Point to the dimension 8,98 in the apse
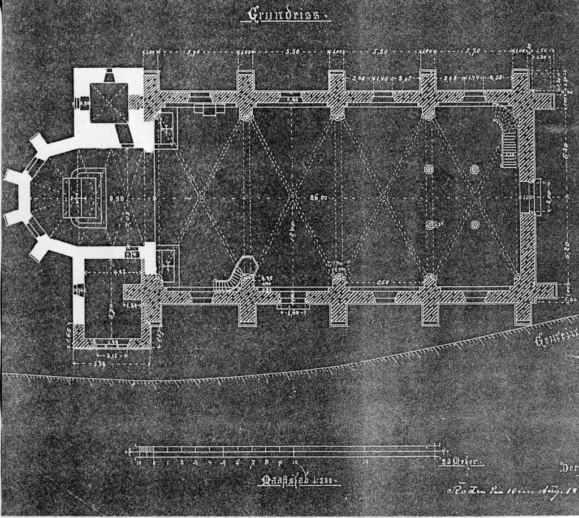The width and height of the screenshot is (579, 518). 116,198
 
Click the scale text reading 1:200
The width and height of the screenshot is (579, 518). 323,481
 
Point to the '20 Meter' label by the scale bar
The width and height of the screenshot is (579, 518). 461,462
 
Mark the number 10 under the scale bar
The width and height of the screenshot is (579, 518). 295,462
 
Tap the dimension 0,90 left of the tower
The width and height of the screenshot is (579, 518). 84,104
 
